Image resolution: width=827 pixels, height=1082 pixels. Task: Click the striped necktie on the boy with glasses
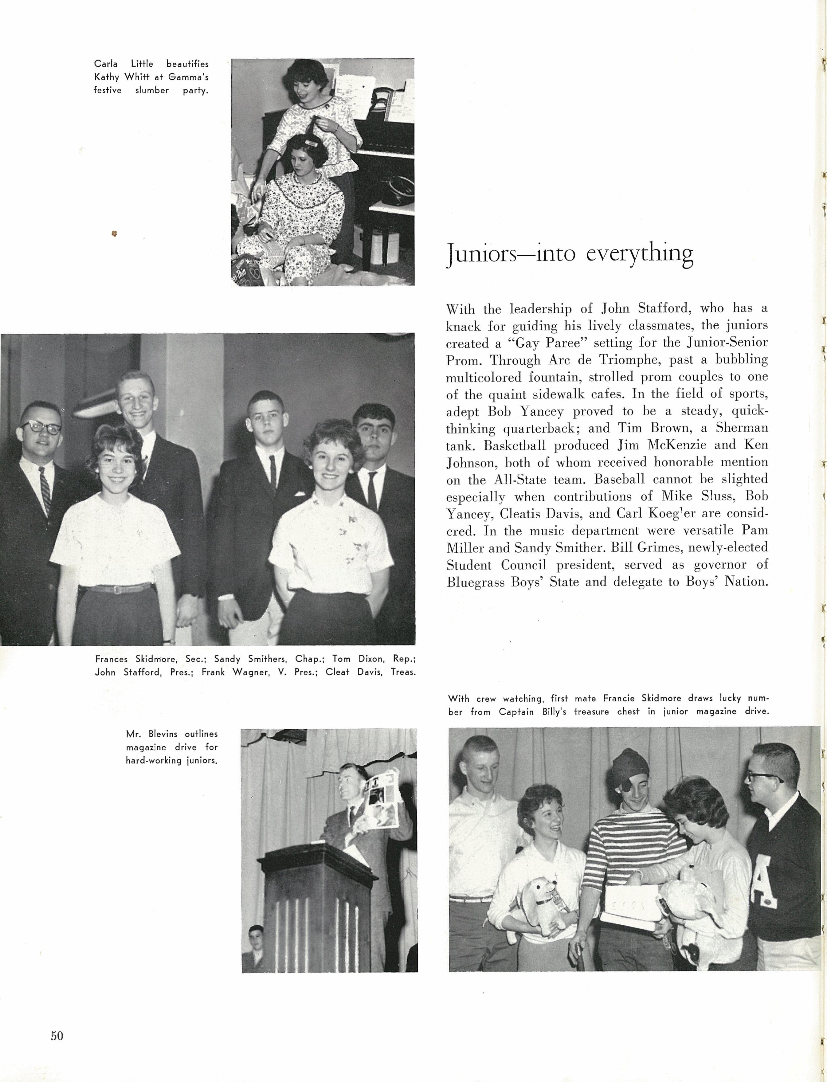(x=45, y=489)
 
